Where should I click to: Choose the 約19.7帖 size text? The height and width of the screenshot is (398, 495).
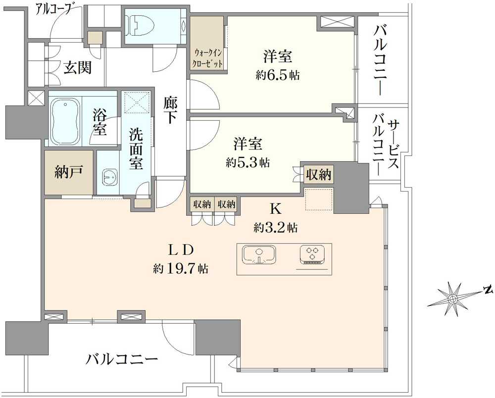(180, 269)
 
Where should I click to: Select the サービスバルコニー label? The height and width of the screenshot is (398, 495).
(386, 144)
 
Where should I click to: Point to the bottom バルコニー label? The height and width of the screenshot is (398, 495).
(121, 359)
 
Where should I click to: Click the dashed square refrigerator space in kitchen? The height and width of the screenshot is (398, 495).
(318, 199)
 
